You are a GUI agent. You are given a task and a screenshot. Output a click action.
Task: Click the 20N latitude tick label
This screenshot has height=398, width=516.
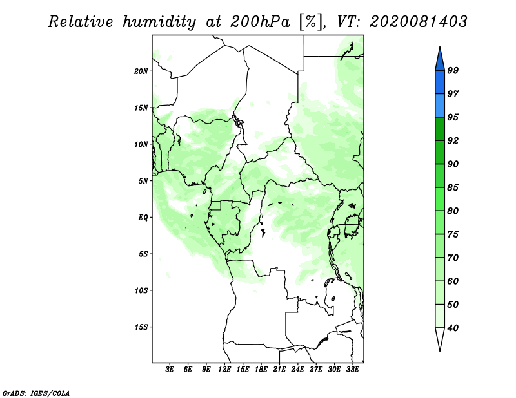click(141, 71)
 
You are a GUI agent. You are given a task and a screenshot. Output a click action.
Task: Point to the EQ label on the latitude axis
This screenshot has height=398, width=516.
click(143, 217)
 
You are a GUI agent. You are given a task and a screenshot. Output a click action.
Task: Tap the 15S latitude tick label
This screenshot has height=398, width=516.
click(141, 327)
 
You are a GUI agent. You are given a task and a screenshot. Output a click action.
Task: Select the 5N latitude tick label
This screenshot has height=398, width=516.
click(143, 181)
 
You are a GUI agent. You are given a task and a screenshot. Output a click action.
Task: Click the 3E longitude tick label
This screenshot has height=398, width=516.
click(170, 369)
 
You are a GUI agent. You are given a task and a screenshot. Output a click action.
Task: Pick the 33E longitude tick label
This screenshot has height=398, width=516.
click(352, 369)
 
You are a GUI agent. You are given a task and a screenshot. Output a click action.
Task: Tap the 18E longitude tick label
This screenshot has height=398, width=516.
click(261, 369)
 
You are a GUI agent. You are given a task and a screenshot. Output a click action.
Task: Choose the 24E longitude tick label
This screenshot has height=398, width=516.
click(297, 369)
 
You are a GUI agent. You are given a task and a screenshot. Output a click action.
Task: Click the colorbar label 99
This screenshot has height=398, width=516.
click(453, 70)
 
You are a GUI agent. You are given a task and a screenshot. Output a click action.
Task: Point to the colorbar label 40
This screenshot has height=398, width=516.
click(453, 328)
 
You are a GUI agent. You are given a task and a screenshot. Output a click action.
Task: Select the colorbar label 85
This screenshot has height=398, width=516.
click(453, 187)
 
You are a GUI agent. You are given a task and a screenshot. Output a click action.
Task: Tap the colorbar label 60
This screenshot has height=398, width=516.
click(453, 281)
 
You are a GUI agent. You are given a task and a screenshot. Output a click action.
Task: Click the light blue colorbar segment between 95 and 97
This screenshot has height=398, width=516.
click(440, 106)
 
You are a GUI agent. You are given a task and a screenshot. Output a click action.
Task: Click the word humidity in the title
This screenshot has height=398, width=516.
click(159, 22)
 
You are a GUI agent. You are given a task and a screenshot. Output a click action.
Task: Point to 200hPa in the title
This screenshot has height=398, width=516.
click(260, 22)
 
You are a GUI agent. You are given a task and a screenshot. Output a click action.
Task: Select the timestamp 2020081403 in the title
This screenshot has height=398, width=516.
click(418, 22)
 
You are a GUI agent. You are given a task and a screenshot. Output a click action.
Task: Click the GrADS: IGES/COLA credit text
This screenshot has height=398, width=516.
click(36, 393)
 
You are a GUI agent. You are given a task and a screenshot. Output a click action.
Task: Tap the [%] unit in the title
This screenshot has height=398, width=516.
click(311, 22)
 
